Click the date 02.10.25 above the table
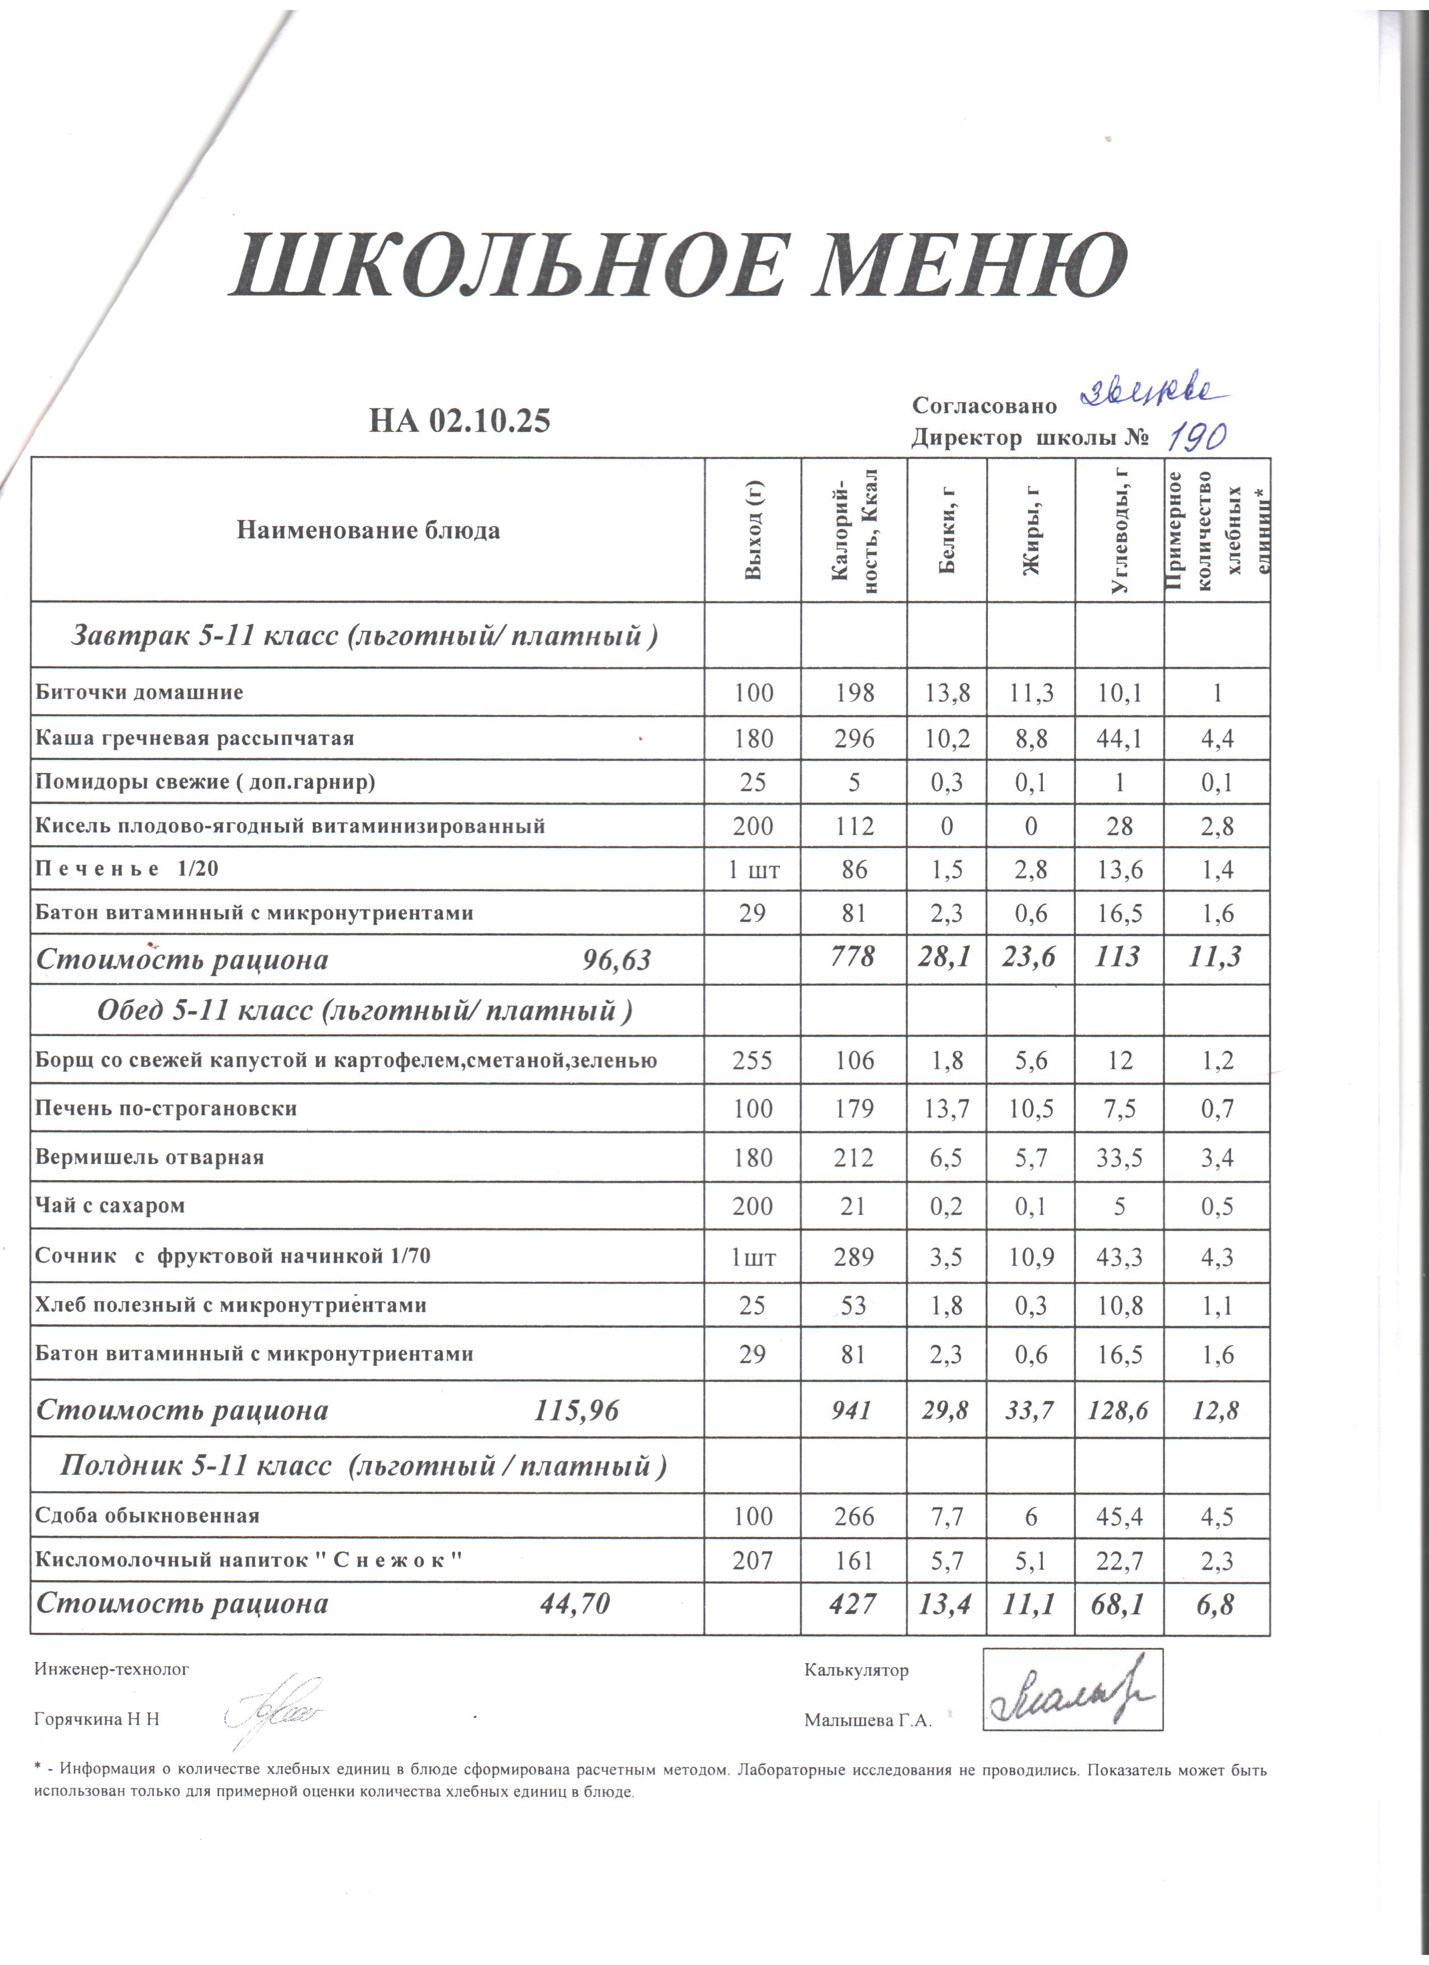pyautogui.click(x=490, y=421)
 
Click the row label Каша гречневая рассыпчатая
pyautogui.click(x=195, y=738)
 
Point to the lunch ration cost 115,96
pyautogui.click(x=576, y=1412)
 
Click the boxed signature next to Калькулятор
pyautogui.click(x=1072, y=1691)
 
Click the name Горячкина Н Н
pyautogui.click(x=97, y=1720)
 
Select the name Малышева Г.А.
pyautogui.click(x=867, y=1721)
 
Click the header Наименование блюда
pyautogui.click(x=368, y=530)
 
